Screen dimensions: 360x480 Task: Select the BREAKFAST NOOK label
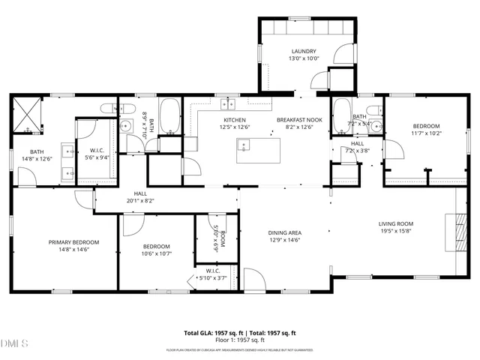[298, 120]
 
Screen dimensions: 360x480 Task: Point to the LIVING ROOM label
[394, 223]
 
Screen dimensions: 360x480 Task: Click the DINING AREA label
[284, 232]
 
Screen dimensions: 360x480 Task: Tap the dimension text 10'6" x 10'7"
[156, 253]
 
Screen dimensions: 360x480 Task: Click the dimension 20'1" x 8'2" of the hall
[140, 200]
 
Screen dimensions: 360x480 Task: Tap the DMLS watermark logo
[14, 343]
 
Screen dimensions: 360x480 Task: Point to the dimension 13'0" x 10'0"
[305, 58]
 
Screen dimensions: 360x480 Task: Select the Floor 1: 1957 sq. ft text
[240, 340]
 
